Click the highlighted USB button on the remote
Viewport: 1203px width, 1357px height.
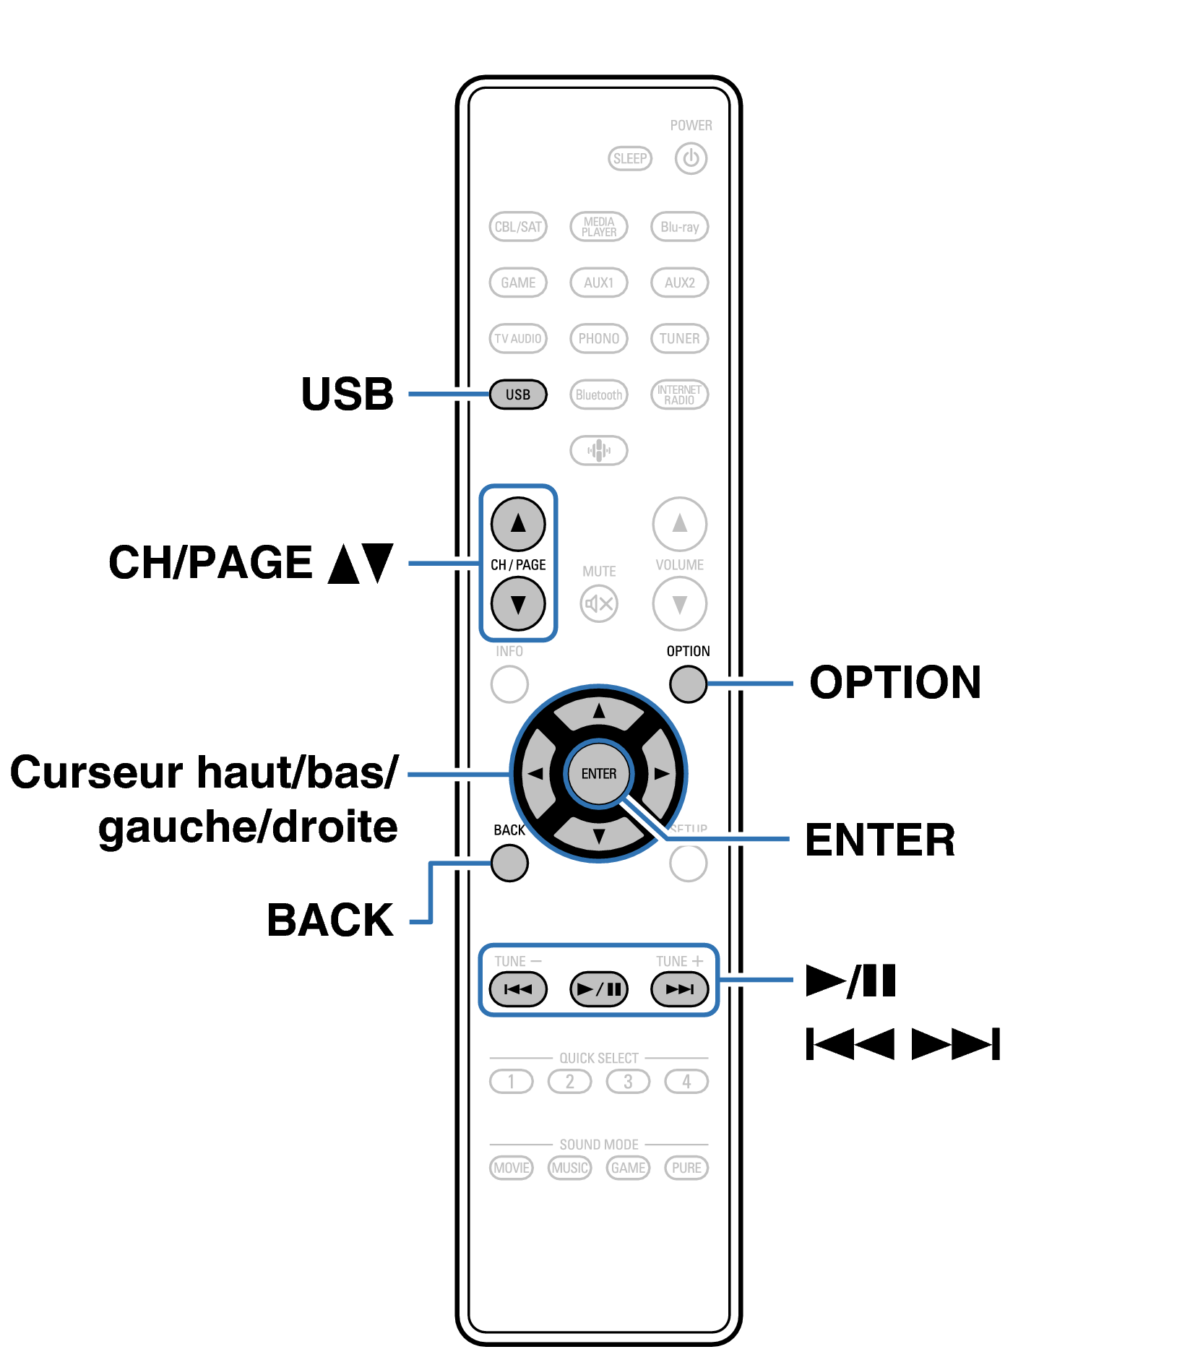pyautogui.click(x=517, y=395)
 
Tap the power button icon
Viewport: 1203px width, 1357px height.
pyautogui.click(x=691, y=158)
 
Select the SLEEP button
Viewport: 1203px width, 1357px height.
pyautogui.click(x=629, y=158)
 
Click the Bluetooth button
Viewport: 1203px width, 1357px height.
pyautogui.click(x=598, y=395)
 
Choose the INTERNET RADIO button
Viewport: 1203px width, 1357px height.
pyautogui.click(x=679, y=395)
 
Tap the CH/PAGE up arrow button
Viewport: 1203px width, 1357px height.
pyautogui.click(x=517, y=524)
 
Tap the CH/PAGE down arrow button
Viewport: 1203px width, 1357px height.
pyautogui.click(x=517, y=603)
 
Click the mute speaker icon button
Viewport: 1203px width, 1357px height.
pyautogui.click(x=598, y=603)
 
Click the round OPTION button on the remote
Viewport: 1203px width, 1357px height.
pyautogui.click(x=687, y=684)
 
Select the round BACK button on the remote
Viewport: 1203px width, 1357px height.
pyautogui.click(x=509, y=863)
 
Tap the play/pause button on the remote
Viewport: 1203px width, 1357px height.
pyautogui.click(x=598, y=989)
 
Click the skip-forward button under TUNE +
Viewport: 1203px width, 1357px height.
pyautogui.click(x=679, y=989)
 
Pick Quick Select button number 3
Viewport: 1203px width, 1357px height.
pyautogui.click(x=628, y=1082)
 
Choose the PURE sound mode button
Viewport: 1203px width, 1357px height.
pyautogui.click(x=686, y=1168)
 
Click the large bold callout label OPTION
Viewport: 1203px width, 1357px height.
pyautogui.click(x=894, y=682)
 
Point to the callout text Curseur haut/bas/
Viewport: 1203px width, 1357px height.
pyautogui.click(x=204, y=772)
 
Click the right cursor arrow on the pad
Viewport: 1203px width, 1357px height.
pyautogui.click(x=661, y=774)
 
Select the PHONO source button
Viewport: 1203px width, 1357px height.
pyautogui.click(x=598, y=338)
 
